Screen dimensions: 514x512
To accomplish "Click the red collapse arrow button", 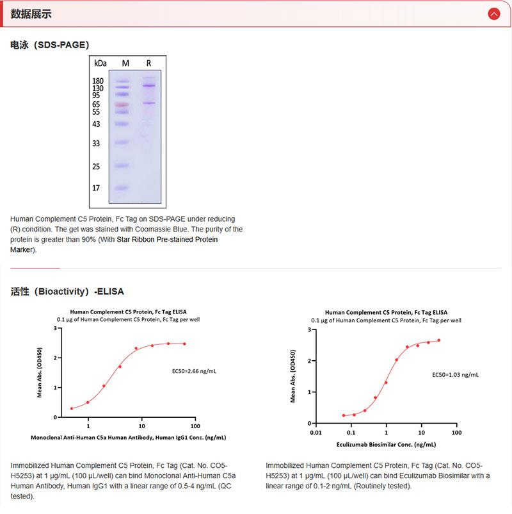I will (x=493, y=13).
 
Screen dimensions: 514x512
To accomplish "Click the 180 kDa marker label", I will (x=98, y=81).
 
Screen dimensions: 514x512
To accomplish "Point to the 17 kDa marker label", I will (x=96, y=188).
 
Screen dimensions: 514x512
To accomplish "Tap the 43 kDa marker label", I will (x=96, y=124).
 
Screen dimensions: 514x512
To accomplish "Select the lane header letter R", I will (x=148, y=63).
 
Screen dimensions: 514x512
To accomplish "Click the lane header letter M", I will (x=125, y=63).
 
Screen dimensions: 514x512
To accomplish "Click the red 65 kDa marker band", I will (x=122, y=104).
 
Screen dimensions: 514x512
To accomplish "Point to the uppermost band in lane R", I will (x=149, y=85).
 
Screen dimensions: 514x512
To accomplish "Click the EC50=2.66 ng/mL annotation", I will (x=194, y=370).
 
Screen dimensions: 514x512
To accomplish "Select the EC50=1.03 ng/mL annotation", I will (x=455, y=374).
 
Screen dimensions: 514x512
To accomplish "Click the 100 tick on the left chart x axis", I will (x=195, y=426).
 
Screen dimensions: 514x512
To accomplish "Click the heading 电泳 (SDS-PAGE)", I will (x=50, y=45).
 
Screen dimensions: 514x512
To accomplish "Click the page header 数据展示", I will (x=31, y=13).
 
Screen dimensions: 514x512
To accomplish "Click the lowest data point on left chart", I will (x=72, y=408).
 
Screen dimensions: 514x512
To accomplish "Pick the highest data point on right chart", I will (x=439, y=340).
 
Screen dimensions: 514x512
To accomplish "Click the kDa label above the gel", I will (x=100, y=63).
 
